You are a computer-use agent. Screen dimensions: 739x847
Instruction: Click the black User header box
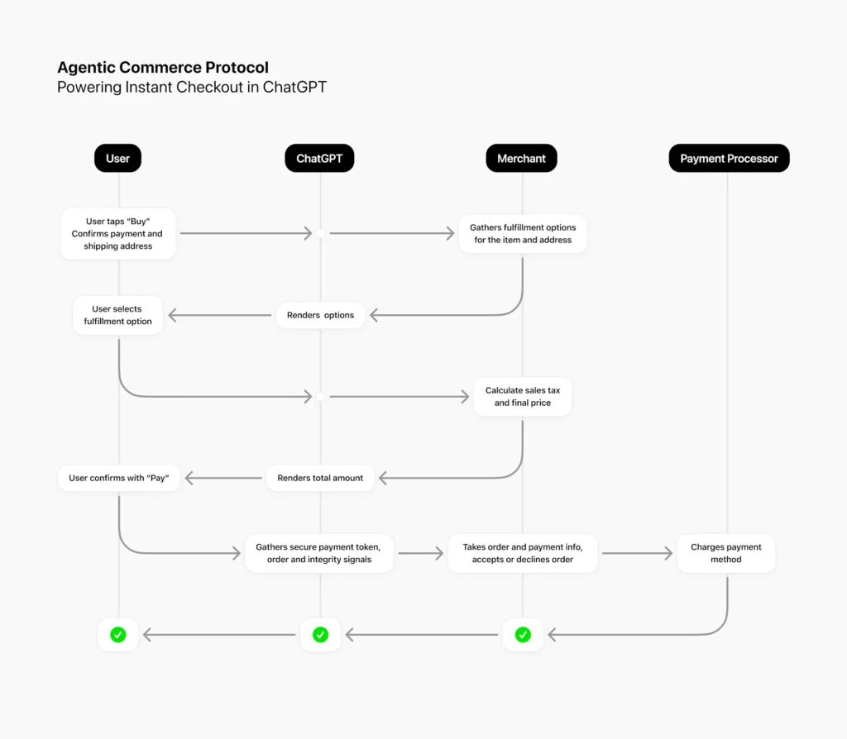117,159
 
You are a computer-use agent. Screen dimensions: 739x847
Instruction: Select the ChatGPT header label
319,159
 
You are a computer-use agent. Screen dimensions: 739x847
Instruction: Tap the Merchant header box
521,159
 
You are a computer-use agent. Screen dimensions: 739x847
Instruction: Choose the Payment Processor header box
729,159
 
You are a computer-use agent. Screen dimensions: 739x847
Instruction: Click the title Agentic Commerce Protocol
163,68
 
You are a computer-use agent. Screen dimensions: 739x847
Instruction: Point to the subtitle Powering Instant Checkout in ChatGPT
192,87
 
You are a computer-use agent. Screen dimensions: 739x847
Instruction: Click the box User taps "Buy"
118,234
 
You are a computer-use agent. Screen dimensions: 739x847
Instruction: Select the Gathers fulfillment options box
523,234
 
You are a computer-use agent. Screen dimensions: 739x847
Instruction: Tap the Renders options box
320,315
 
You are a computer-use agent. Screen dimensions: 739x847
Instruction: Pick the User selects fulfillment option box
117,315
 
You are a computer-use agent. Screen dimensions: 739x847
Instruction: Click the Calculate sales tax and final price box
523,397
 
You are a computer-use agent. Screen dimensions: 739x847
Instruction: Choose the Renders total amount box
320,478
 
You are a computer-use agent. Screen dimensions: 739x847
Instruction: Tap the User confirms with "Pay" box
118,478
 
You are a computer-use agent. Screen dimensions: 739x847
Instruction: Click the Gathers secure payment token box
318,553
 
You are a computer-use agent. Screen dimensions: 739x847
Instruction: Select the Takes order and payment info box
523,553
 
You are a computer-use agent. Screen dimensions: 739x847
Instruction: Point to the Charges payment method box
726,553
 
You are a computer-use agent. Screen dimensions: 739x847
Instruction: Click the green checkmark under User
118,635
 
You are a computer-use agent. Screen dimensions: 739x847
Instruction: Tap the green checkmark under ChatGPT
320,635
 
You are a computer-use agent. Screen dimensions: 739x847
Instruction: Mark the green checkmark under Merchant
523,635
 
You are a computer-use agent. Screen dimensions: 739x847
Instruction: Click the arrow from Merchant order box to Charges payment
637,553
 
